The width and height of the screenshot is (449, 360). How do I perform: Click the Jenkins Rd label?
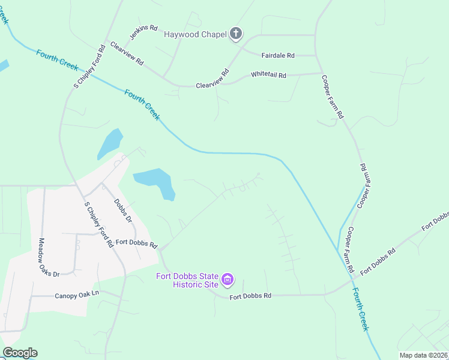pyautogui.click(x=145, y=28)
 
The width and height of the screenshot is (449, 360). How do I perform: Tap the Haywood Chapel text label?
pyautogui.click(x=194, y=34)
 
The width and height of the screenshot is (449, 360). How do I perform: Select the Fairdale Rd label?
pyautogui.click(x=278, y=55)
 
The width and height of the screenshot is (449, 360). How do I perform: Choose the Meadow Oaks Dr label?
pyautogui.click(x=50, y=257)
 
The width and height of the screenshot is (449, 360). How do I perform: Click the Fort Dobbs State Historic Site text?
pyautogui.click(x=187, y=280)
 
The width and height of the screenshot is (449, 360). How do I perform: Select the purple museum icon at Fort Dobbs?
pyautogui.click(x=228, y=280)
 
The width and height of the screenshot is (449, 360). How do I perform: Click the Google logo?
pyautogui.click(x=20, y=353)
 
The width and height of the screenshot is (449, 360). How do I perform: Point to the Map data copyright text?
pyautogui.click(x=423, y=355)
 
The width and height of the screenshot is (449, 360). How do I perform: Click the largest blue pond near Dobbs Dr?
pyautogui.click(x=155, y=181)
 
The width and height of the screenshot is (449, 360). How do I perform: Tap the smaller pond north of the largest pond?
pyautogui.click(x=110, y=144)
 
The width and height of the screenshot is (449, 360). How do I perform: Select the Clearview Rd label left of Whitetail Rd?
pyautogui.click(x=213, y=80)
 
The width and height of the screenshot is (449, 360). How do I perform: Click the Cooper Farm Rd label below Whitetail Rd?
pyautogui.click(x=332, y=97)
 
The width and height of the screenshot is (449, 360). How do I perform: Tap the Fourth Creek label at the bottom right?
pyautogui.click(x=360, y=309)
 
